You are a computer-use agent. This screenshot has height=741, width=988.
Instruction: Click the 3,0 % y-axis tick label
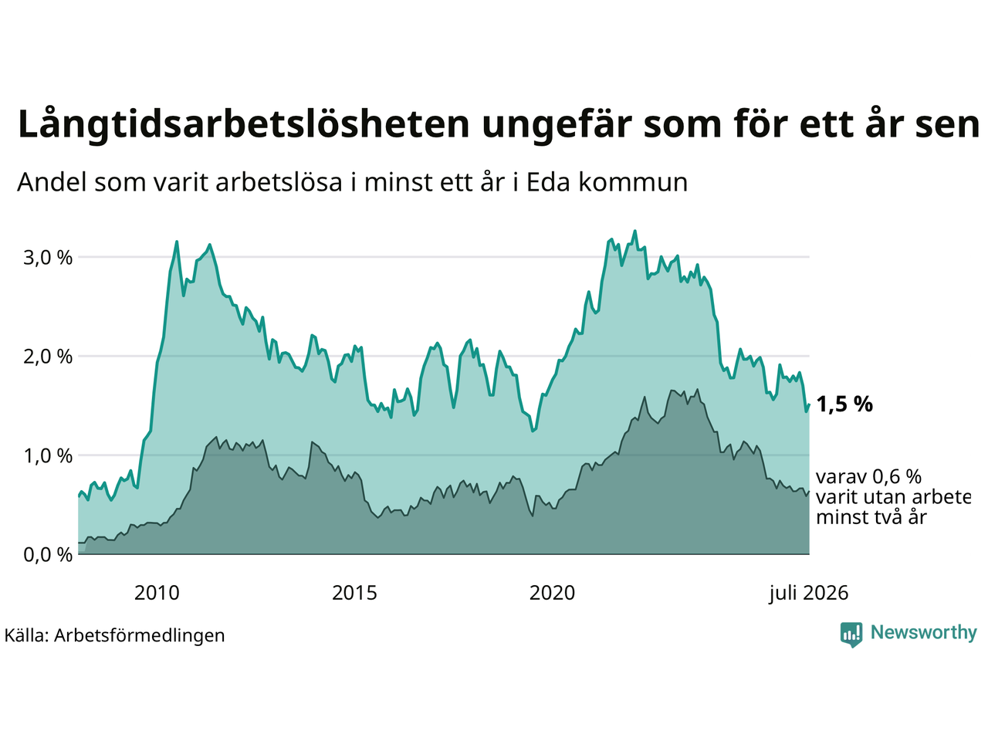tap(48, 259)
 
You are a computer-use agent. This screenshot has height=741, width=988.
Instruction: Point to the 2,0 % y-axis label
tap(48, 357)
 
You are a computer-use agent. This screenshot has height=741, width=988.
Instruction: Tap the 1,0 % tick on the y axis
tap(48, 456)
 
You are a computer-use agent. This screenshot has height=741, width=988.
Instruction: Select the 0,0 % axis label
tap(48, 555)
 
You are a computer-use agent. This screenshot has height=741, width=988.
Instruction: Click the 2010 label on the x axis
tap(157, 594)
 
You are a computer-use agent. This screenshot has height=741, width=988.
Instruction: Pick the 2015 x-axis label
tap(354, 594)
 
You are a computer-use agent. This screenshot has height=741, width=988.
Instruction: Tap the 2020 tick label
tap(552, 594)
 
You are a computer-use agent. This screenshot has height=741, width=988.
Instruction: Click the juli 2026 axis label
tap(808, 594)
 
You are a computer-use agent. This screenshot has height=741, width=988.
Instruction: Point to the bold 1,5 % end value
tap(844, 404)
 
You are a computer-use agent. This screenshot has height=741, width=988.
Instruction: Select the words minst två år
tap(871, 517)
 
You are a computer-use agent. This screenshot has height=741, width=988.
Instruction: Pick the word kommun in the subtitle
tap(633, 183)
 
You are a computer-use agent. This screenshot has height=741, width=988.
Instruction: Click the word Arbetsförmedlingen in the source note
tap(140, 636)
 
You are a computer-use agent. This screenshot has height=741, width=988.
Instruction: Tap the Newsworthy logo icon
tap(851, 634)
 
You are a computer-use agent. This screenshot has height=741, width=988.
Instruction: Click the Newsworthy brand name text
tap(924, 633)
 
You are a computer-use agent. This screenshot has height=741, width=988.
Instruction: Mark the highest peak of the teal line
tap(635, 232)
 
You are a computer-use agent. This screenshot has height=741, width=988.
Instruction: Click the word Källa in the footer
tap(26, 635)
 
